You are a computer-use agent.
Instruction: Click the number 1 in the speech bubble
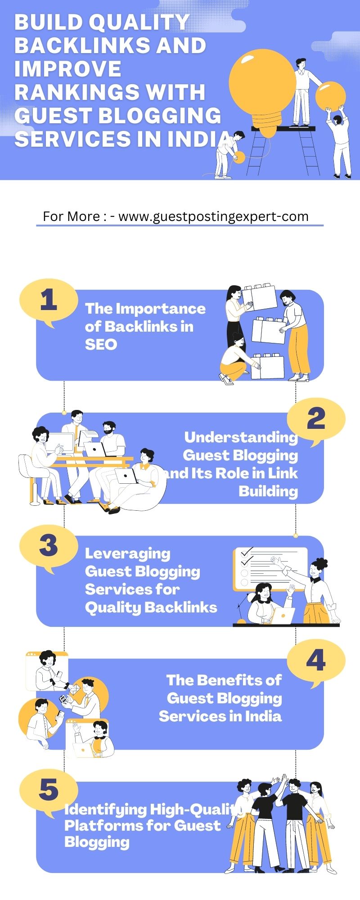[x=48, y=300]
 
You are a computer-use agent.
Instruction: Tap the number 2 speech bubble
[x=316, y=419]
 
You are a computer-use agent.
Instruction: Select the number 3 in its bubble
[x=48, y=546]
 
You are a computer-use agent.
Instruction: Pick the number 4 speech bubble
[x=316, y=661]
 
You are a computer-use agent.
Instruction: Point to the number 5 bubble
[x=48, y=790]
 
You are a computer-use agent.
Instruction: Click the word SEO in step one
[x=101, y=345]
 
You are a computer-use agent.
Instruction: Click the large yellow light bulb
[x=262, y=85]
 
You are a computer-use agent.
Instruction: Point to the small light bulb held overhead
[x=330, y=96]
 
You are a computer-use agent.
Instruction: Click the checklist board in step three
[x=269, y=568]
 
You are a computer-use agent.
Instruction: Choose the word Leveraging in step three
[x=128, y=554]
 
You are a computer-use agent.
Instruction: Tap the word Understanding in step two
[x=241, y=437]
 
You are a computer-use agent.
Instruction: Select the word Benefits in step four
[x=234, y=680]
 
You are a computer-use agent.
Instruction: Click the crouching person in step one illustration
[x=235, y=360]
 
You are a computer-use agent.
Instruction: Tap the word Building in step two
[x=268, y=491]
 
